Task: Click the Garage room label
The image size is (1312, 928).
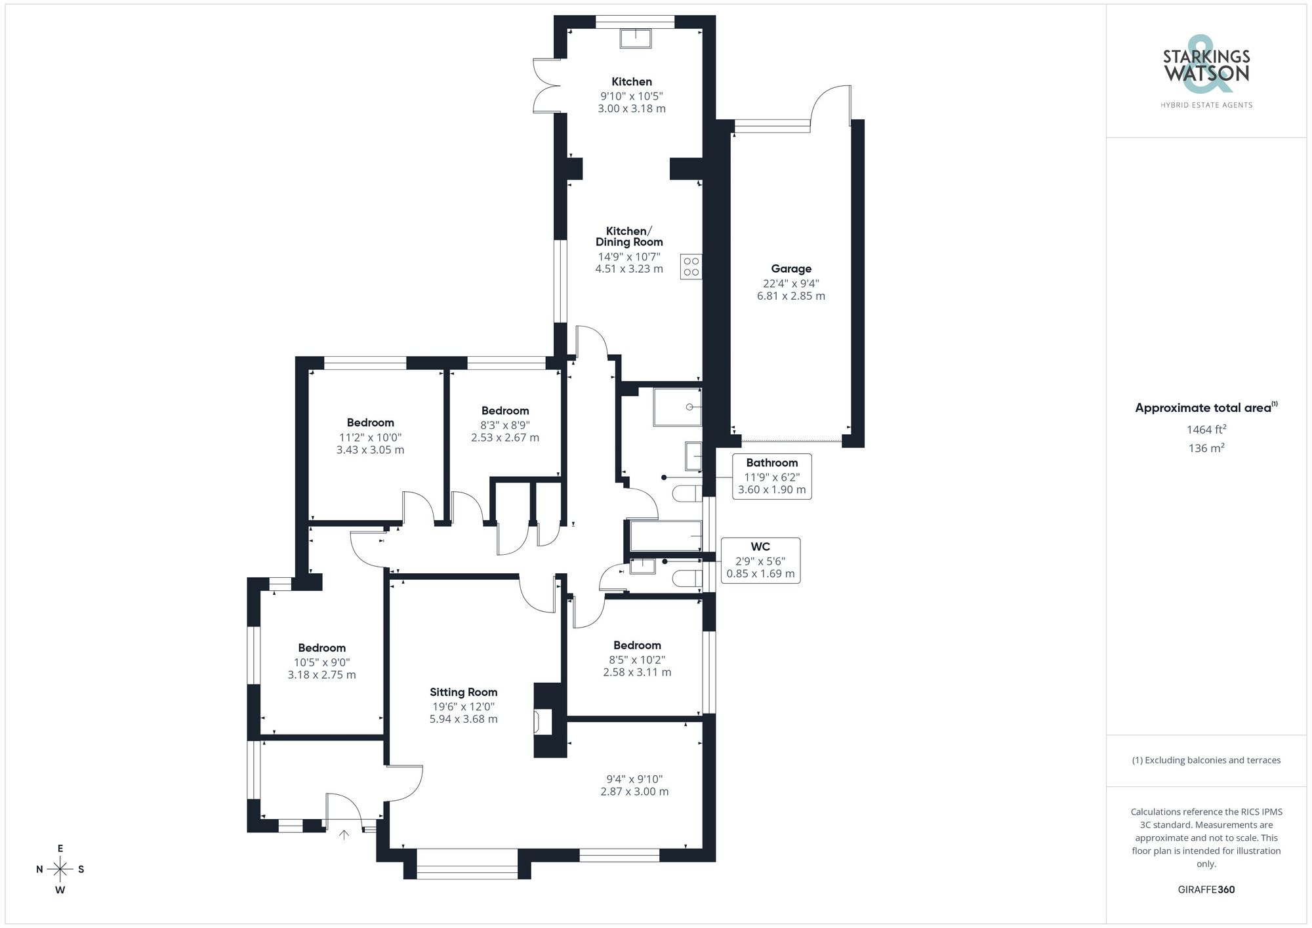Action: point(791,269)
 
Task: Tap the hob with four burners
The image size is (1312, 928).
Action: point(691,267)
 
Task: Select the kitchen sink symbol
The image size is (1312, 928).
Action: point(636,39)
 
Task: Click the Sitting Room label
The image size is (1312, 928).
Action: point(463,693)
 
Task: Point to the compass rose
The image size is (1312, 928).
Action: point(60,870)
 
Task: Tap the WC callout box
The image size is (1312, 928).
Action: point(760,561)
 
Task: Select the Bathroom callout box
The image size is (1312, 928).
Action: point(771,476)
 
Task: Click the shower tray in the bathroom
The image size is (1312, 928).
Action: point(677,407)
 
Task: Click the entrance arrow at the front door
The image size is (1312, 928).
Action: point(344,835)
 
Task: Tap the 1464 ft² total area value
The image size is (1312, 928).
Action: point(1206,430)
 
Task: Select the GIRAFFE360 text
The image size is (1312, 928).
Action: point(1206,890)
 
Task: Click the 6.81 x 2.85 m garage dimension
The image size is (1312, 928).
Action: point(791,296)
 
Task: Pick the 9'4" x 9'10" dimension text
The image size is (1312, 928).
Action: point(634,779)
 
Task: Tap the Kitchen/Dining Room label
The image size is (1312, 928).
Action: point(628,236)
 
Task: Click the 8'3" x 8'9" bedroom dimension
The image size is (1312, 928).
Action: point(504,425)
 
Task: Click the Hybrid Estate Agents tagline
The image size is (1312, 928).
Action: point(1206,105)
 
